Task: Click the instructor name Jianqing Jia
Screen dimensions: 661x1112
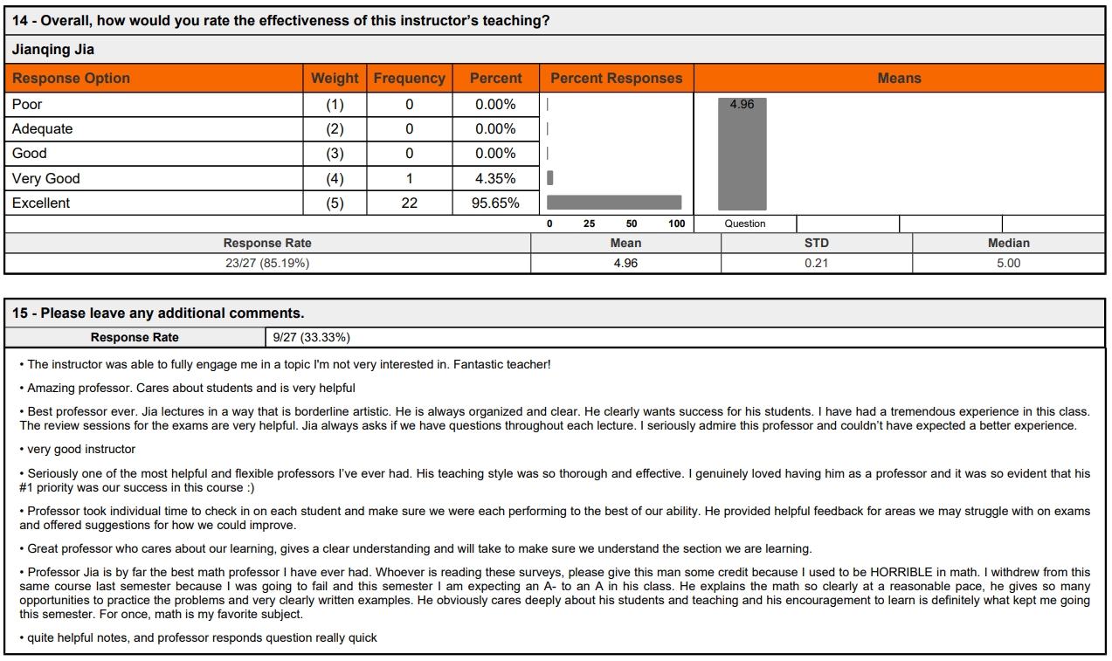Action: pos(53,50)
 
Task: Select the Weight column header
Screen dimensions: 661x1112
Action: pos(335,79)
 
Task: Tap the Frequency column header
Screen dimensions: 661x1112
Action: pos(409,79)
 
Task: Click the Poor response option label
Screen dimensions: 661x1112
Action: pos(27,105)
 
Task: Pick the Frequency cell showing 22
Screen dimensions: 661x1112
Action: pos(409,203)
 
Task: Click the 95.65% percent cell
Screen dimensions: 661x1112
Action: pos(495,203)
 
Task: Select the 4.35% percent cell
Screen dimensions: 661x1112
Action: pos(495,179)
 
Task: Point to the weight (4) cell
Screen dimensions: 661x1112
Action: pos(335,179)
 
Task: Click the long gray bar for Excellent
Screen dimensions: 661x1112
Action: pos(613,203)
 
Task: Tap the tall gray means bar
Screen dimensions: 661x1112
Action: pos(742,157)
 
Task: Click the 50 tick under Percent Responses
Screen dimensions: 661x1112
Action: pos(632,224)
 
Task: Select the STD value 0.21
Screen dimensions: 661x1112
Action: pos(816,263)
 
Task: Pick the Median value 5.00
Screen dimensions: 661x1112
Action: pos(1008,263)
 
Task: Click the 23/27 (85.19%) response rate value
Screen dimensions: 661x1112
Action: pos(267,263)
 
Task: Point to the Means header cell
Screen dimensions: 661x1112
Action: pos(899,79)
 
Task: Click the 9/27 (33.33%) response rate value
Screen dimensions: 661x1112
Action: pos(311,337)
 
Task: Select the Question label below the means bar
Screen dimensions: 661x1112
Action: pos(744,224)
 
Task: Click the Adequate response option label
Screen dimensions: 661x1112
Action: pos(42,129)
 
